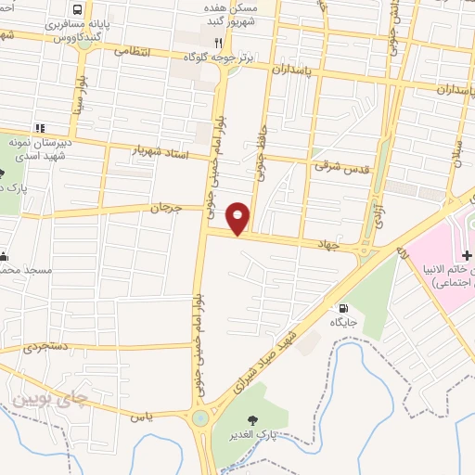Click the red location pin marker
[238, 218]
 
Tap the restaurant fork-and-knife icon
[218, 42]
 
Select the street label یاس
[142, 418]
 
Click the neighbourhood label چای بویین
[53, 401]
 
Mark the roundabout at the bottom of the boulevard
[199, 418]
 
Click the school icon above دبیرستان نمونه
[40, 128]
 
